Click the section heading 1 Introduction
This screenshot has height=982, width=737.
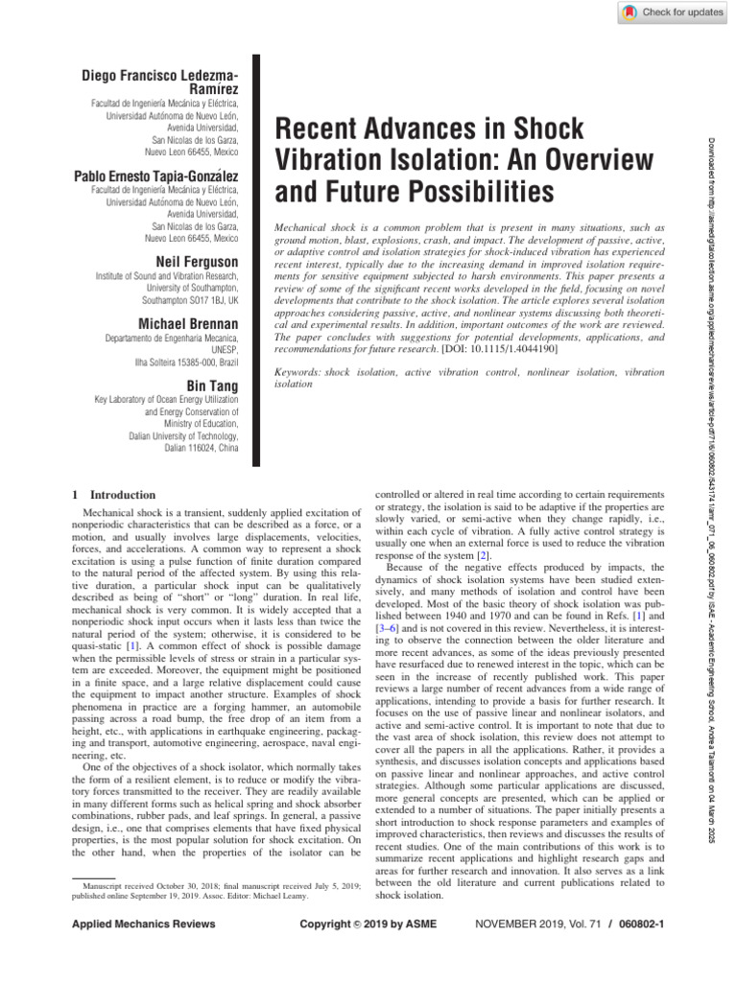[107, 495]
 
